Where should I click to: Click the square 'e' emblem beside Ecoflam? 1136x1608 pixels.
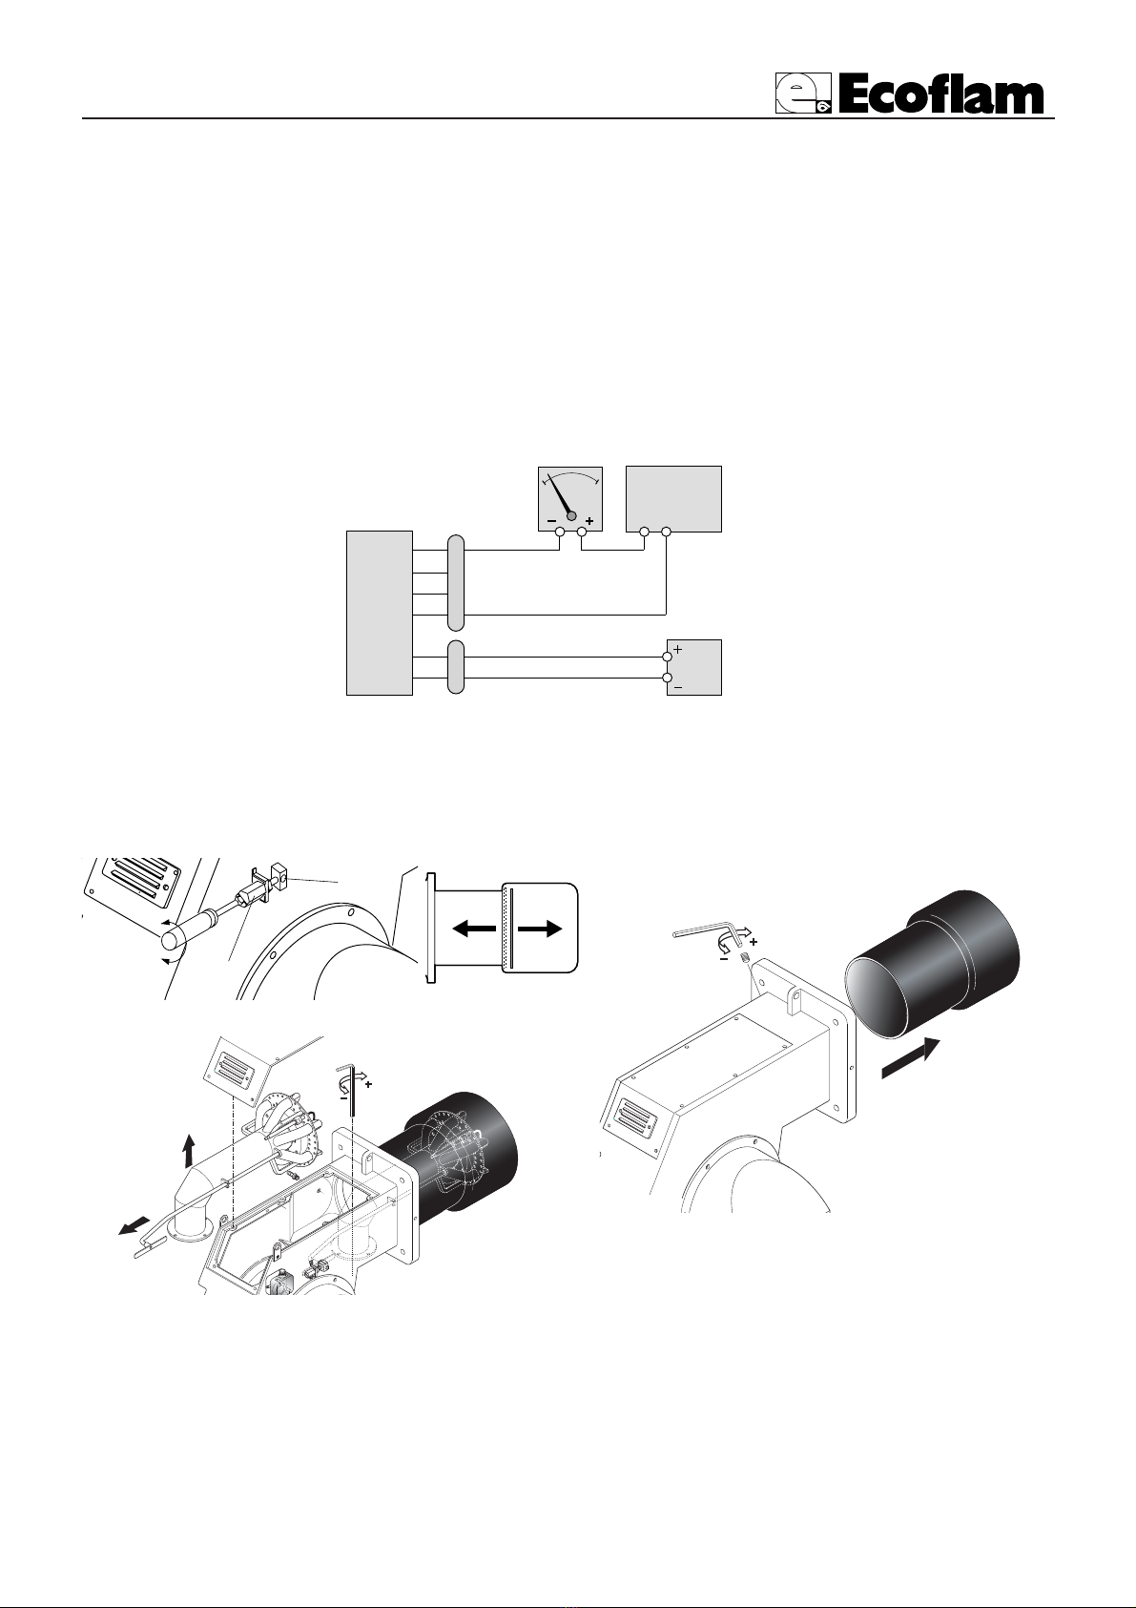[802, 94]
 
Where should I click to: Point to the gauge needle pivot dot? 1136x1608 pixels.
[571, 515]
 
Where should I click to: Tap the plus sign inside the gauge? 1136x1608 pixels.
[589, 521]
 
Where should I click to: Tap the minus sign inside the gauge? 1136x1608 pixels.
[551, 521]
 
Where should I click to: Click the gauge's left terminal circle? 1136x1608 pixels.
[560, 532]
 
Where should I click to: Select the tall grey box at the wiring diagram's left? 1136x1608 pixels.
[379, 613]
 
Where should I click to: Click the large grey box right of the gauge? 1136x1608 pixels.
[673, 499]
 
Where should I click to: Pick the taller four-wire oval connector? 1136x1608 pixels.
[456, 583]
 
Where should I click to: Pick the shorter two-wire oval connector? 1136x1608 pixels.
[456, 667]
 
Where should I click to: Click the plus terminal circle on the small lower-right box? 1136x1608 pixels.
[668, 657]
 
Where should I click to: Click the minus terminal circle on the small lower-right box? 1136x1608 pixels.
[668, 678]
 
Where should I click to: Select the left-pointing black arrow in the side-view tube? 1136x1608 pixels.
[474, 929]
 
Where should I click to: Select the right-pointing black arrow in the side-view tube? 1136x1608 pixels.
[541, 929]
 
